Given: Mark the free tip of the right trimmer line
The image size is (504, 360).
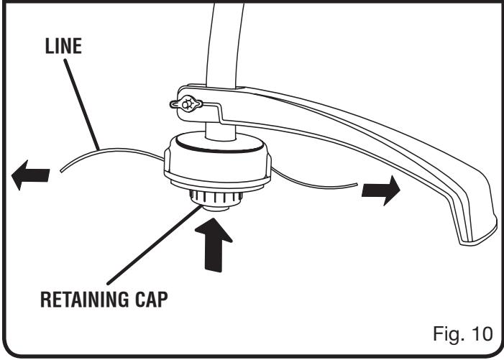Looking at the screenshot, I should point(358,188).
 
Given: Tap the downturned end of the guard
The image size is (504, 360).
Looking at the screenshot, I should point(475,223).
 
